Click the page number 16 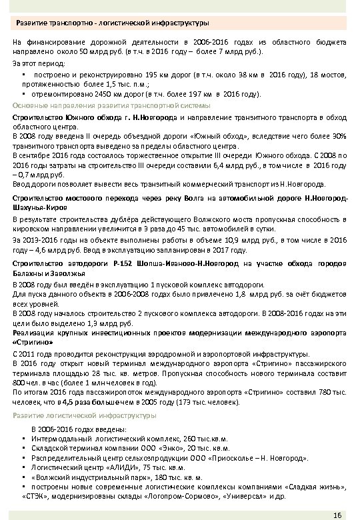coord(337,513)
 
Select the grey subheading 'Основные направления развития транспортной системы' coord(111,106)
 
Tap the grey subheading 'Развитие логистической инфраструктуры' coord(85,414)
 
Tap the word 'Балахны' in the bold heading coord(28,273)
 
